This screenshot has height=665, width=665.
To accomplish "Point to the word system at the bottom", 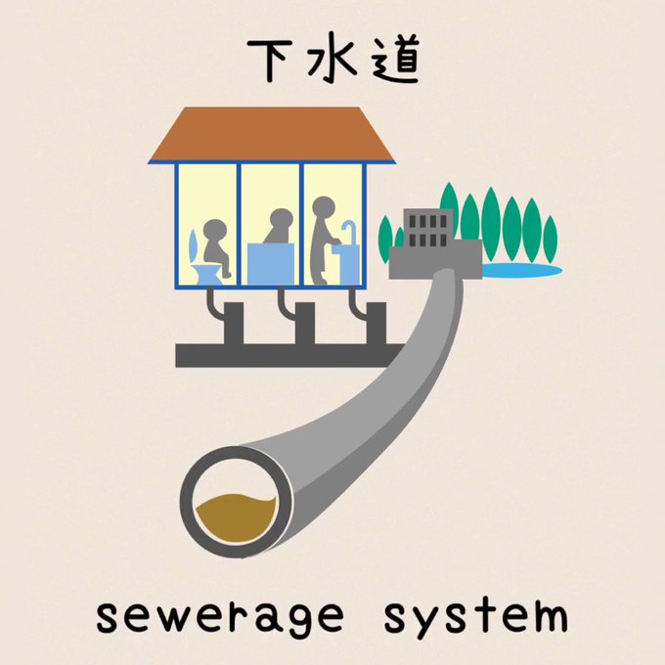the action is [x=474, y=618].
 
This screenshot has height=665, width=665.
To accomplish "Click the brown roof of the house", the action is [x=272, y=134].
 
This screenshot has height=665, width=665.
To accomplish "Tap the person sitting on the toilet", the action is [x=215, y=245].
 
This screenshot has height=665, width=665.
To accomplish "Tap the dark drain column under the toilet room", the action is [x=233, y=324].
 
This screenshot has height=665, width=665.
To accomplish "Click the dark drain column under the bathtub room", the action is [x=304, y=324].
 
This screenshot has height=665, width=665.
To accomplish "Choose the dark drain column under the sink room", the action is [x=375, y=324].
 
